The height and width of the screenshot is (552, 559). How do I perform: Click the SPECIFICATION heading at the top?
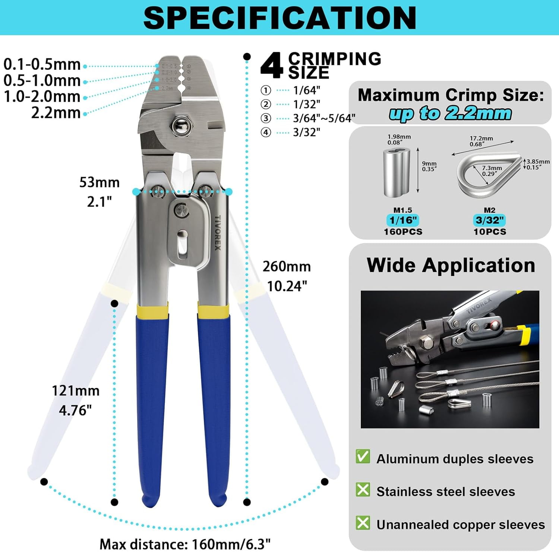(x=279, y=18)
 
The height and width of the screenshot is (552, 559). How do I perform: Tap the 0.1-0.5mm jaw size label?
(x=42, y=65)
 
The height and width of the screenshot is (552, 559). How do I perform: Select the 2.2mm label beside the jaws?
(x=56, y=113)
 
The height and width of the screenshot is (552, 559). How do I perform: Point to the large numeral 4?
(x=272, y=66)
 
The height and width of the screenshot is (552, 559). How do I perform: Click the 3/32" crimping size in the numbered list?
(x=306, y=132)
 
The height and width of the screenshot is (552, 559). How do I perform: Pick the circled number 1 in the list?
(x=266, y=90)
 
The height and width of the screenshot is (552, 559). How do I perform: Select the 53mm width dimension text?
(x=100, y=182)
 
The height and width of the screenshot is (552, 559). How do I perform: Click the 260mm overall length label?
(x=287, y=267)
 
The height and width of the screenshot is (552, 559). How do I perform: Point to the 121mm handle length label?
(x=76, y=391)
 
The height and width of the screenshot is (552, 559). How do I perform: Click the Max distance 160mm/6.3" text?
(x=185, y=544)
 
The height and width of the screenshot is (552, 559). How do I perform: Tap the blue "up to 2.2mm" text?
(x=450, y=113)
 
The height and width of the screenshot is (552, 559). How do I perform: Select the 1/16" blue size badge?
(x=402, y=220)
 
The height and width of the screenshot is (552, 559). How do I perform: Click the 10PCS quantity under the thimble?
(x=490, y=232)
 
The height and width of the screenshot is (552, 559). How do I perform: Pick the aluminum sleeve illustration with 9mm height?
(x=397, y=172)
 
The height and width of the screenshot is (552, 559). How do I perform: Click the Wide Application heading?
(x=451, y=265)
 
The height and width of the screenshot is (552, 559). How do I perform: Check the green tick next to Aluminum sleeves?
(x=363, y=457)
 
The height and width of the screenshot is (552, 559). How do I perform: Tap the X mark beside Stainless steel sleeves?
(x=363, y=489)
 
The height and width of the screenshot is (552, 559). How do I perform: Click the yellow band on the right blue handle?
(x=213, y=311)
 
